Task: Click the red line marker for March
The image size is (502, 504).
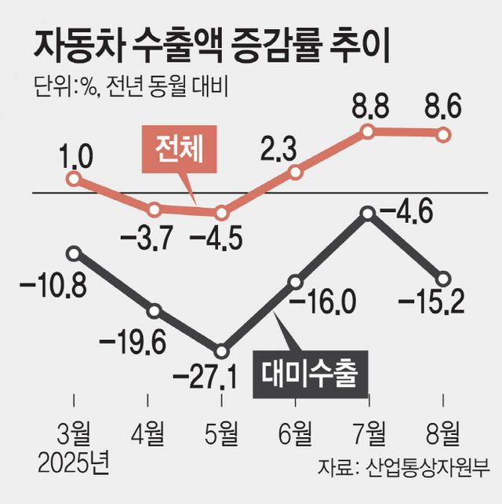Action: point(74,179)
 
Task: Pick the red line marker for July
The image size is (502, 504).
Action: point(368,133)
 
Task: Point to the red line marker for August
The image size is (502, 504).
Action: point(443,135)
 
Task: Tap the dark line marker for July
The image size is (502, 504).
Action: point(368,213)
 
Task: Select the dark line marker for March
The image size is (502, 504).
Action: point(74,253)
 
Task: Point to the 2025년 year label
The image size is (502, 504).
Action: point(74,462)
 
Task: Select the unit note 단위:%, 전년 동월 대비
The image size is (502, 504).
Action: point(129,86)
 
